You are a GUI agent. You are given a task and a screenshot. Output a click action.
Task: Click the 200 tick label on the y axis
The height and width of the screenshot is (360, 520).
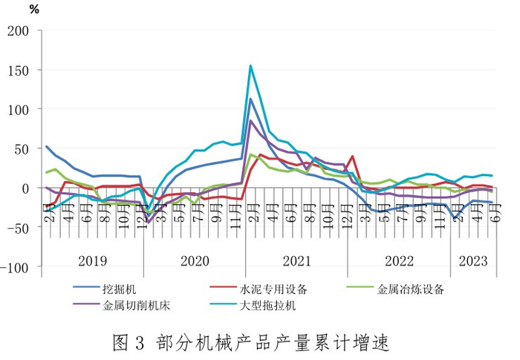(x=19, y=31)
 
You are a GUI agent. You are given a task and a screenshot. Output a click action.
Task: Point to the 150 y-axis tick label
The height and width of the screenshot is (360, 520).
(x=19, y=71)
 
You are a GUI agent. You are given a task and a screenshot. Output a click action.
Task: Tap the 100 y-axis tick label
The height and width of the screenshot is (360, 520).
(x=19, y=110)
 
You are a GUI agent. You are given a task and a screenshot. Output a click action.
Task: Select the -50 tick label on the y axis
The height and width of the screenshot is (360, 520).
(x=15, y=228)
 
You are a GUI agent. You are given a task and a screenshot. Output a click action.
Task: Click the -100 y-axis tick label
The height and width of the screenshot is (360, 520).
(x=15, y=267)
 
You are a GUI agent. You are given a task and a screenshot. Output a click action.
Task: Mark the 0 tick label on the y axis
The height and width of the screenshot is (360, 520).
(x=25, y=189)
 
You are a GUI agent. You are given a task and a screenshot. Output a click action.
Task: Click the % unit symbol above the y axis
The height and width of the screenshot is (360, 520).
(x=34, y=10)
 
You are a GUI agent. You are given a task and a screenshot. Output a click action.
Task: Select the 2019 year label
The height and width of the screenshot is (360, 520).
(x=93, y=261)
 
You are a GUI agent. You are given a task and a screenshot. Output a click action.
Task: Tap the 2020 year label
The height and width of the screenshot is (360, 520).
(x=195, y=261)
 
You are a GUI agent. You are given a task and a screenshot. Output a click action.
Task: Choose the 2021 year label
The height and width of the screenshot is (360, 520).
(x=297, y=261)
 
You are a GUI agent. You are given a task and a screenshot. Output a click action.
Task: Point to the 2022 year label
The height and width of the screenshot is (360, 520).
(x=399, y=261)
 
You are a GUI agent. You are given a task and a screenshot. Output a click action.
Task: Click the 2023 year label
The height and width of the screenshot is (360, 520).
(x=473, y=261)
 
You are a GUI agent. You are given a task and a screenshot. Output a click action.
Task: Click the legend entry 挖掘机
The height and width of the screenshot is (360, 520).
(x=105, y=289)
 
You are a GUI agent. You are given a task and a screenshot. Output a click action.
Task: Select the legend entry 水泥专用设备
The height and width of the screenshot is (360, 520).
(x=259, y=289)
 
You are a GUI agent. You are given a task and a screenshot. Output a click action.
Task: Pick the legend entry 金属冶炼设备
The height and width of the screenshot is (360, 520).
(x=395, y=289)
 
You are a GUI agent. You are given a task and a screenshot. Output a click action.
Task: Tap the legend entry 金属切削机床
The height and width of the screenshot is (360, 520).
(x=122, y=305)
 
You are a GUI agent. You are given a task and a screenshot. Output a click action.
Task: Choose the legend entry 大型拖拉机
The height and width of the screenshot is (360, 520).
(x=253, y=305)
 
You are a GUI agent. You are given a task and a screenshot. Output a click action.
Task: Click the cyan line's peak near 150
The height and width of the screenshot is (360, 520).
(x=251, y=65)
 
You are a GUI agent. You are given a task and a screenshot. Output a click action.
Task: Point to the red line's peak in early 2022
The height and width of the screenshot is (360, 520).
(x=353, y=156)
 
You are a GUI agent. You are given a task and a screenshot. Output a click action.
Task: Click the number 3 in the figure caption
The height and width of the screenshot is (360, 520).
(x=140, y=343)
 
